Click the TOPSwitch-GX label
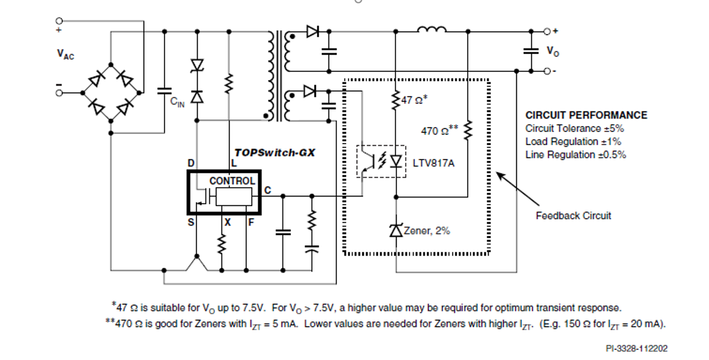(x=274, y=152)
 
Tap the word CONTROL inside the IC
(x=232, y=181)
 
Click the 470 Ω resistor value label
(x=440, y=131)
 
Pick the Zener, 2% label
(x=427, y=231)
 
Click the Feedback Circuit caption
(x=573, y=215)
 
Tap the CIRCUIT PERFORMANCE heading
(x=586, y=115)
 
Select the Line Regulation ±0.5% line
(x=575, y=155)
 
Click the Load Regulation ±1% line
(x=573, y=141)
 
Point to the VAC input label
(x=65, y=54)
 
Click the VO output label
(x=552, y=51)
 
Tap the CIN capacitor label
(x=177, y=102)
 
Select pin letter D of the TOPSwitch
(x=191, y=163)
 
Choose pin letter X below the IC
(x=226, y=222)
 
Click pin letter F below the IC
(x=251, y=222)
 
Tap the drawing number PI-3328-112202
(x=636, y=349)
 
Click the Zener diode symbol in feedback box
(x=396, y=230)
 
